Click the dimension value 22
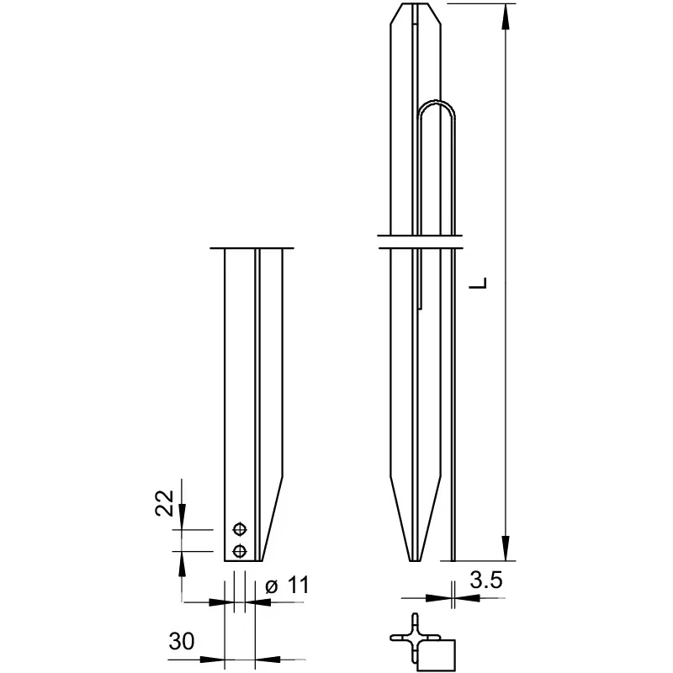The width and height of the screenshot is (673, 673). [164, 502]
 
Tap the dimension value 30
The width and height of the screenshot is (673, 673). [182, 641]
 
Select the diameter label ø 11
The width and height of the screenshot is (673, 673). [287, 585]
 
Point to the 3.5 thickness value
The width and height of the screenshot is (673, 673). [486, 580]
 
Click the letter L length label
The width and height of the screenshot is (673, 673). [478, 283]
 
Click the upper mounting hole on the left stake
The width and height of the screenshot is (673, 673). [240, 529]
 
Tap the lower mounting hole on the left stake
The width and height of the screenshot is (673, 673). [240, 551]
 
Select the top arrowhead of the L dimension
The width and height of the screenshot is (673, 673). [506, 17]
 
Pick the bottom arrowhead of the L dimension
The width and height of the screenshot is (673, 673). [506, 548]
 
